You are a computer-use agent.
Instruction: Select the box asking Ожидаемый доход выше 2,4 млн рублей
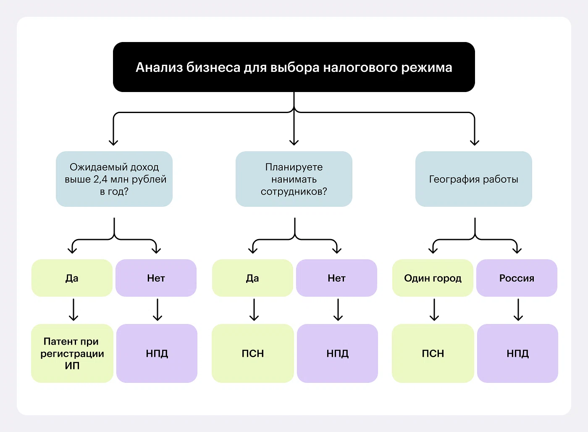(114, 179)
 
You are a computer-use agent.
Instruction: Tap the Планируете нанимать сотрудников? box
(294, 179)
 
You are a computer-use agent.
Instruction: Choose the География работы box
(474, 179)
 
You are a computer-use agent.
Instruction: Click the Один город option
(433, 278)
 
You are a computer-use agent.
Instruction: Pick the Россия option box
(517, 278)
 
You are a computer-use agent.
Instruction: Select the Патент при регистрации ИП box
(72, 353)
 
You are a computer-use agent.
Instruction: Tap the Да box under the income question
(72, 278)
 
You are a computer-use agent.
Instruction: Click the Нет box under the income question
(156, 278)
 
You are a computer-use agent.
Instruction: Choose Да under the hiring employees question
(252, 278)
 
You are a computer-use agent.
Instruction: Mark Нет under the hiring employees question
(336, 278)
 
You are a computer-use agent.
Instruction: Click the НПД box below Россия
(517, 353)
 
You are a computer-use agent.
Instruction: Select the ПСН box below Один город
(433, 353)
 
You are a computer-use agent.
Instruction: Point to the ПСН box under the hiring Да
(252, 353)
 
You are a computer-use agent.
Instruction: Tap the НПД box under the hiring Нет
(337, 353)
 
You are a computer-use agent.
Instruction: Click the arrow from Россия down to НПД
(518, 310)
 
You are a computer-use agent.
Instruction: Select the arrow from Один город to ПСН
(434, 310)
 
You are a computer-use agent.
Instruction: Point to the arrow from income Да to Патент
(73, 310)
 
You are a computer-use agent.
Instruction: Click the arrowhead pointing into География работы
(475, 142)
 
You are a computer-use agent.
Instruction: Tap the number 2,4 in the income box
(100, 179)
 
